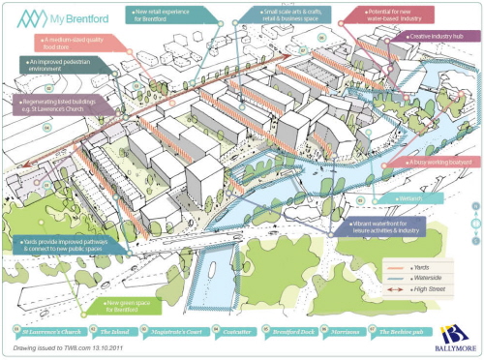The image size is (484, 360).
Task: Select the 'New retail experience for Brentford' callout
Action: (x=166, y=15)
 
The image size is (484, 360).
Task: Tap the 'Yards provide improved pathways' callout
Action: (x=60, y=243)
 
